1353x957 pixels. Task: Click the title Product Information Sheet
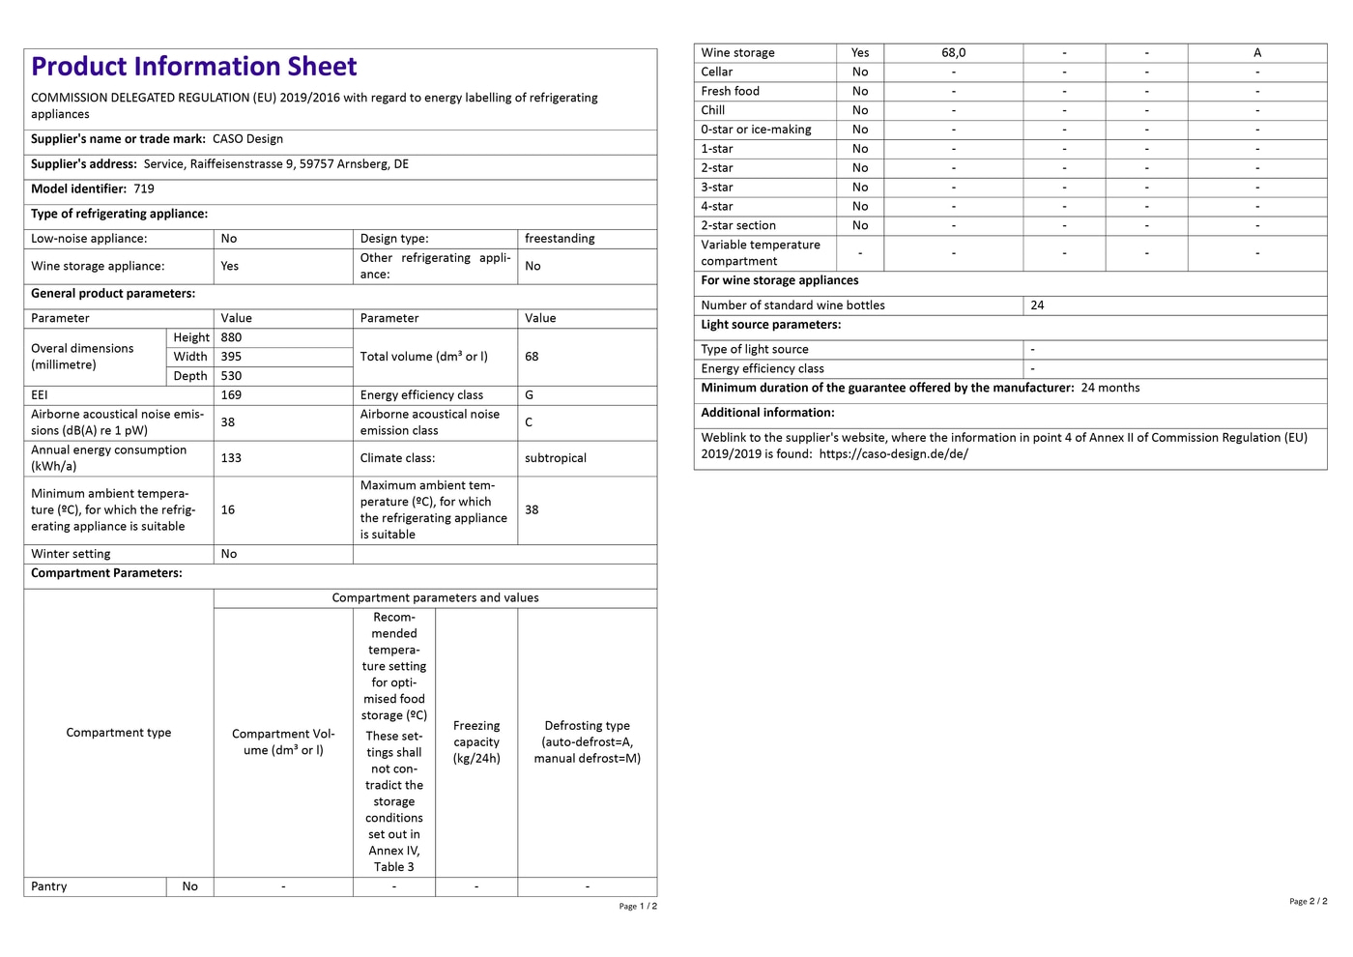(x=193, y=67)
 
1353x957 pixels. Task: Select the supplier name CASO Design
(x=247, y=139)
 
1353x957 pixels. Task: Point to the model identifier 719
(x=144, y=189)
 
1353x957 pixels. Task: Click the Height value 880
(x=231, y=337)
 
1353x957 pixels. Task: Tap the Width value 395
(x=231, y=357)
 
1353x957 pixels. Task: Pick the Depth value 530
(x=231, y=376)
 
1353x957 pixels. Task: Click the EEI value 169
(x=231, y=395)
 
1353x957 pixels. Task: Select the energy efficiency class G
(x=529, y=395)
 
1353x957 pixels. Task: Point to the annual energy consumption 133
(x=231, y=458)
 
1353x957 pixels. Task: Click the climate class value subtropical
(x=556, y=458)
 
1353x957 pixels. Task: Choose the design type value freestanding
(x=560, y=239)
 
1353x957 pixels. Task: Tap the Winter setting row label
(x=71, y=554)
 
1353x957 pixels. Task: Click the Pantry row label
(x=49, y=886)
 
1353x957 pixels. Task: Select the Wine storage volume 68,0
(x=953, y=53)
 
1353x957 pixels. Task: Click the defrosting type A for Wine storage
(x=1257, y=53)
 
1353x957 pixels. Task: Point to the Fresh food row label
(x=730, y=91)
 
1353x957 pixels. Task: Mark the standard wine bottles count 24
(x=1037, y=305)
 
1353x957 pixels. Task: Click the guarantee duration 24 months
(x=1109, y=388)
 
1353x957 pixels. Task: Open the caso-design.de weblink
(x=893, y=454)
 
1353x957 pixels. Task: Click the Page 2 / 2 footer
(x=1308, y=901)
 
